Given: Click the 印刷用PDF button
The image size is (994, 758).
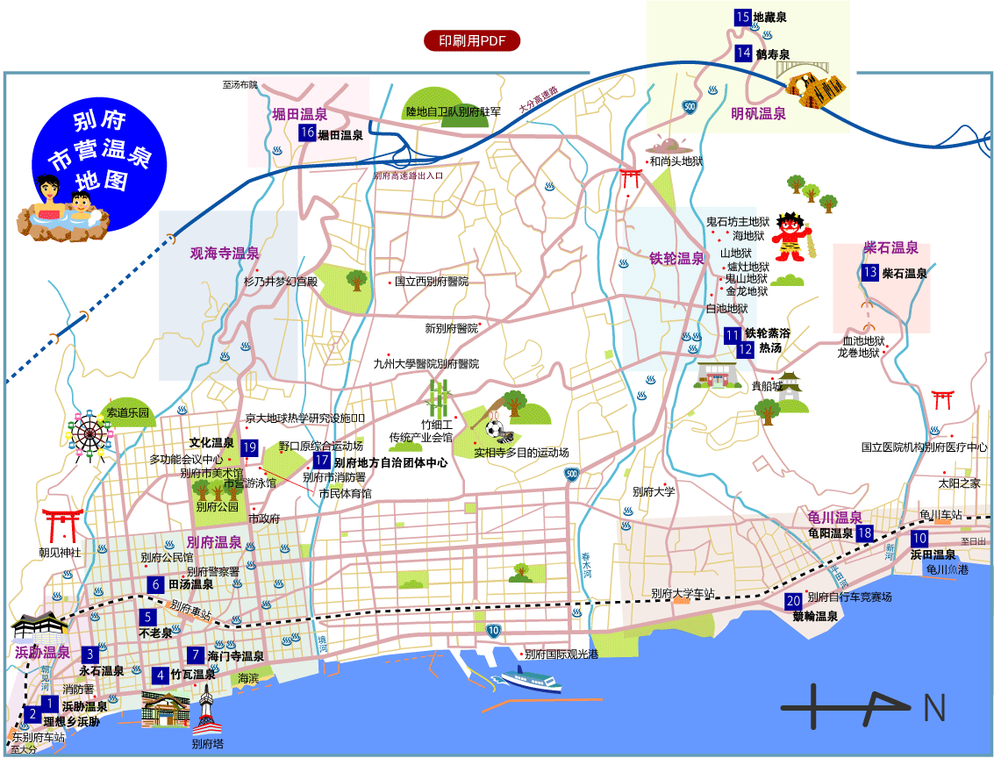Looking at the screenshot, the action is point(472,40).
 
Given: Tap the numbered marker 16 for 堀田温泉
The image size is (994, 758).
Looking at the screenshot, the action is point(306,133).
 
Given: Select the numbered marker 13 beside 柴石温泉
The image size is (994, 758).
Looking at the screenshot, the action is point(870,272).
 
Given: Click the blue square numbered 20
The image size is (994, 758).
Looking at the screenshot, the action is point(793,601).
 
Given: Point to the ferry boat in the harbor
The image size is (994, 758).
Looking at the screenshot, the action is point(530,680).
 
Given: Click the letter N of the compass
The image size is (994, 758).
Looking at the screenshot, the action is point(933,707).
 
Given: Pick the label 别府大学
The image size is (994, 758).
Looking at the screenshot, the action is point(653,491).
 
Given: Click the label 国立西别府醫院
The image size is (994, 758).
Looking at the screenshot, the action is point(431,282).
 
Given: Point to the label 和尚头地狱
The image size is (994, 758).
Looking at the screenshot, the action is point(676,161).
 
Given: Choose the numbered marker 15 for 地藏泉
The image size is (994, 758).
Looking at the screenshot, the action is point(743,17).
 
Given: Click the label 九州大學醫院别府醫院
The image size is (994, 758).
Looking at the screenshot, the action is point(426,362).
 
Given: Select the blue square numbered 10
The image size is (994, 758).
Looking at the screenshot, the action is point(919,539).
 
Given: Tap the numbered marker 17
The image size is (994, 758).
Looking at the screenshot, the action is point(322,461).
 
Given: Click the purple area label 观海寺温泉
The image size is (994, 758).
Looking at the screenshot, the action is point(225,254).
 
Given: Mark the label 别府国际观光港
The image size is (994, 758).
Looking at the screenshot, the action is point(561,654).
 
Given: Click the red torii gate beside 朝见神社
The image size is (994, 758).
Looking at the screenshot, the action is point(63,524).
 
